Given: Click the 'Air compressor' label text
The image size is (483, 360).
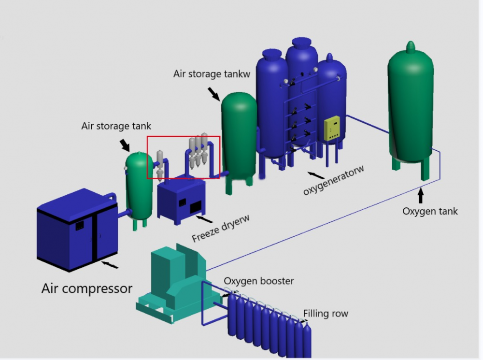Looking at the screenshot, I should [x=87, y=288].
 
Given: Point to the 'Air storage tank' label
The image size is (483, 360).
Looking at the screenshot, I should [x=116, y=126].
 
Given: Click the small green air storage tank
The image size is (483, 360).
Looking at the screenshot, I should [x=139, y=186].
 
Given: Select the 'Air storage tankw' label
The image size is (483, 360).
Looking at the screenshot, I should [x=211, y=74].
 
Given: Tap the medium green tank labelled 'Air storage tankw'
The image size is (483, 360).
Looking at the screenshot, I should [x=239, y=135].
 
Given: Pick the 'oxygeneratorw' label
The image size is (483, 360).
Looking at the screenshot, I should [x=334, y=180].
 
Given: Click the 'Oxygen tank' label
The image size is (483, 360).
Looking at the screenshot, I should [x=430, y=211].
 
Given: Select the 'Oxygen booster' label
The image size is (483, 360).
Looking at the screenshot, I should [x=258, y=281].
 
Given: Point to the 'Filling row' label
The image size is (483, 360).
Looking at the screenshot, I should [x=326, y=314].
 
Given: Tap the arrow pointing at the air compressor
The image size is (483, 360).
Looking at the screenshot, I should [x=109, y=264].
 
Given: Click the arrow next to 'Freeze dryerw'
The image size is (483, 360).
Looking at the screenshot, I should [x=205, y=219].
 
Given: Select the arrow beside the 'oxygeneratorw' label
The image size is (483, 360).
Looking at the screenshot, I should [x=313, y=174].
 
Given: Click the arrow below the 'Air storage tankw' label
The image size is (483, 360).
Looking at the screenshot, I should [x=214, y=92].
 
